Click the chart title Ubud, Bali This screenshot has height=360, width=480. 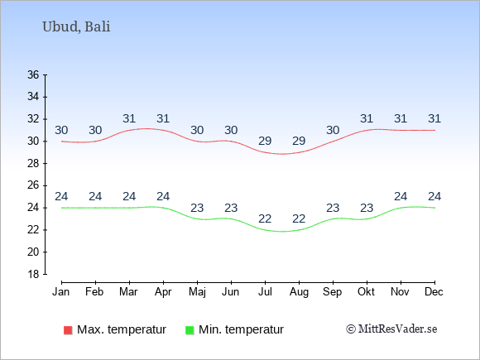click(x=76, y=27)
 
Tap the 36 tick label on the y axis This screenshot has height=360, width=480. click(x=33, y=74)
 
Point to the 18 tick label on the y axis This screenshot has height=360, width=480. click(x=33, y=274)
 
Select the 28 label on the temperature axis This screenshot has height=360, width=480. click(x=33, y=164)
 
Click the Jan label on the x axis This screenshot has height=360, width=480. click(x=61, y=292)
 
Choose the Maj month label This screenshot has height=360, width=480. click(x=197, y=292)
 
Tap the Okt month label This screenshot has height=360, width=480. click(x=366, y=292)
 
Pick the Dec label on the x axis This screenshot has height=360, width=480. click(x=434, y=292)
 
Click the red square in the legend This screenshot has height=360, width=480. click(x=68, y=330)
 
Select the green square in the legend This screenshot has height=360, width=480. click(x=190, y=330)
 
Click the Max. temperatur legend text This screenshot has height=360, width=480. click(x=122, y=329)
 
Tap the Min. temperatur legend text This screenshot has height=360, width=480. click(x=241, y=329)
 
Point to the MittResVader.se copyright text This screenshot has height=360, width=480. click(x=391, y=329)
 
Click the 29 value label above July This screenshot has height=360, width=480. click(x=265, y=142)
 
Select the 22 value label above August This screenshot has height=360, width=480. click(x=299, y=218)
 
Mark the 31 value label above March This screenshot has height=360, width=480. click(x=129, y=119)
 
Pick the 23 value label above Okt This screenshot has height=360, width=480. click(x=367, y=209)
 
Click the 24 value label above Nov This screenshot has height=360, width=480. click(x=401, y=196)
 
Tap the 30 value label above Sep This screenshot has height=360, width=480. click(x=333, y=131)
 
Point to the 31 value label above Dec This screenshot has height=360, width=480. click(x=434, y=119)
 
